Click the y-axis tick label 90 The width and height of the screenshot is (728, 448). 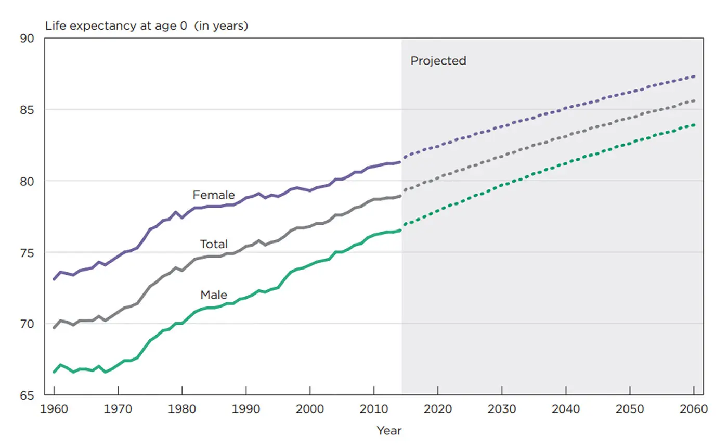click(x=27, y=39)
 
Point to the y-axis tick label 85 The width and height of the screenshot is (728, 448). click(x=27, y=110)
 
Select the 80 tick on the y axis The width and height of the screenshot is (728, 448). click(x=27, y=181)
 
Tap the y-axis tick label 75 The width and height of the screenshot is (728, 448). click(x=27, y=252)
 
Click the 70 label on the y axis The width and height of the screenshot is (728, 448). click(x=27, y=324)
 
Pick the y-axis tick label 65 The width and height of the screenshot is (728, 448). click(x=27, y=395)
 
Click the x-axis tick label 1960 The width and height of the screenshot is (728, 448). click(x=54, y=409)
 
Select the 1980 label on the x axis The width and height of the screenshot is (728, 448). click(x=182, y=409)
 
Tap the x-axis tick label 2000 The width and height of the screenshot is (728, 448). click(x=310, y=409)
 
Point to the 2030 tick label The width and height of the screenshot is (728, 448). click(x=502, y=409)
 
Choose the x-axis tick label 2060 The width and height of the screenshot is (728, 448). click(x=694, y=409)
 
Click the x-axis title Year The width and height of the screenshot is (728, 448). click(x=389, y=431)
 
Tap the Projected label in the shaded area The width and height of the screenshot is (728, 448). click(x=438, y=61)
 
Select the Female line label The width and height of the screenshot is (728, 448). click(x=214, y=195)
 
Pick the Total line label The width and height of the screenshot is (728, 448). click(x=214, y=244)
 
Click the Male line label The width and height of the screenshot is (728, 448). click(x=214, y=295)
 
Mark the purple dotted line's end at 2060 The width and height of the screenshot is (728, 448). click(x=694, y=76)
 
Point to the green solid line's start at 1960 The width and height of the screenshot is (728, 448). click(x=54, y=372)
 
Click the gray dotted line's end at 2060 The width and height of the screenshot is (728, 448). click(x=694, y=100)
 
